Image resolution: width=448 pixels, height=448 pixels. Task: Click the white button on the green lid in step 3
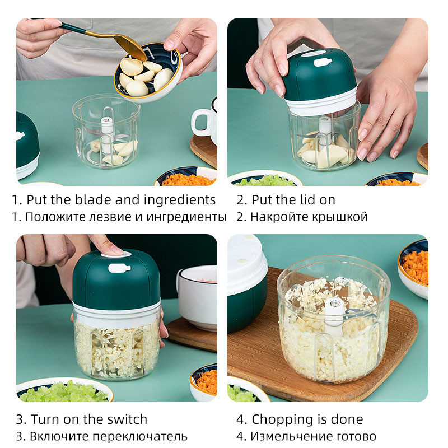(119, 268)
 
